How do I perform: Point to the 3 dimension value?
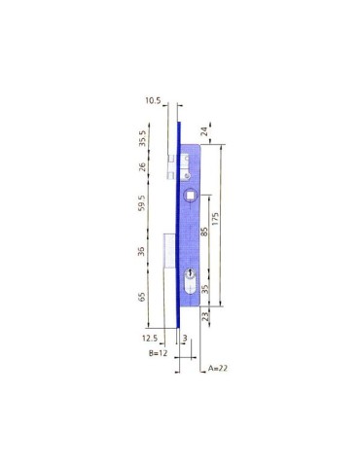[186, 337]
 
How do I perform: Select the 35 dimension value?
[203, 288]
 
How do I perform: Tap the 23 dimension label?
[203, 317]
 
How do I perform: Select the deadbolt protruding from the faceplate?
[169, 252]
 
